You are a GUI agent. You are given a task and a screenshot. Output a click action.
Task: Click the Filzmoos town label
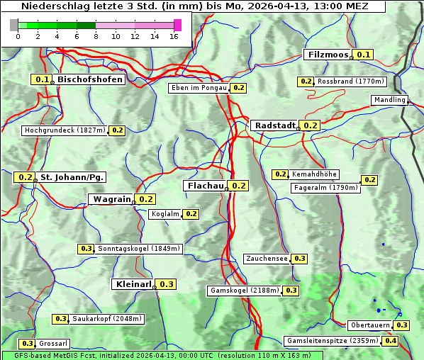coord(327,55)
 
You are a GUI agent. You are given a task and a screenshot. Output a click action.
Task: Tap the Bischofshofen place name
coord(90,79)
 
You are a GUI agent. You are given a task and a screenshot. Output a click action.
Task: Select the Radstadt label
coord(274,125)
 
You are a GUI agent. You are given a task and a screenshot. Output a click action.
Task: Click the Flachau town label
coord(204,186)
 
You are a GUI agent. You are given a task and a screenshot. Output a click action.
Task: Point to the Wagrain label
coord(111,199)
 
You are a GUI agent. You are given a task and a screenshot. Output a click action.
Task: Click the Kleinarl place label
coord(133,284)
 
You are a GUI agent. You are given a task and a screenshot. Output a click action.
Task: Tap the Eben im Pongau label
coord(199,88)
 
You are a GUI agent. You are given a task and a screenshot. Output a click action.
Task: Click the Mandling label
coord(389,100)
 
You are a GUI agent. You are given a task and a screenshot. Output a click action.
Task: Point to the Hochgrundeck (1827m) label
coord(65,130)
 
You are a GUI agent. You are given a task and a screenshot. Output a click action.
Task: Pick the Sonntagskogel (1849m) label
coord(139,249)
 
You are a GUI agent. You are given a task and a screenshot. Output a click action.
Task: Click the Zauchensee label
coord(267,259)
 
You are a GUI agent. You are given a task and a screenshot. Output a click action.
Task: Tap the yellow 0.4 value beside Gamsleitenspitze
coord(391,341)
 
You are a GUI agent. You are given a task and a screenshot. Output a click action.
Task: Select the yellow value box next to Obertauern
coord(402,325)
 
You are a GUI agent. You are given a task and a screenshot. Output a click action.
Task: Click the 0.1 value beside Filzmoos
coord(364,55)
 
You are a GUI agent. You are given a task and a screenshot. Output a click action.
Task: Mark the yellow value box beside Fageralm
coord(369,180)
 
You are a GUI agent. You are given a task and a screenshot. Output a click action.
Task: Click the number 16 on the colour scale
coord(174,36)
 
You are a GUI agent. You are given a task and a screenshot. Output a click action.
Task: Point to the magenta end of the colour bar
coord(177,25)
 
